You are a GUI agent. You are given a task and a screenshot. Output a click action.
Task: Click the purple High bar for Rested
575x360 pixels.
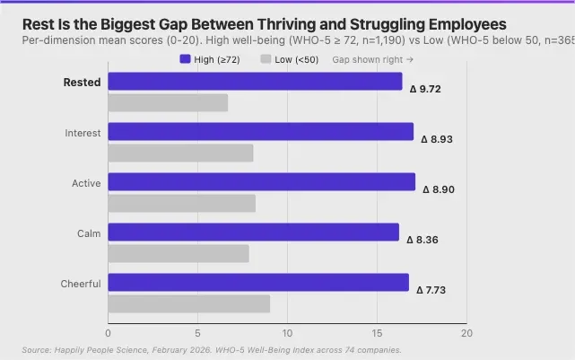(256, 82)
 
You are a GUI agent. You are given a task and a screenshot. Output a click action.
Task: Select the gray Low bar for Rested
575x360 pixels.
(168, 102)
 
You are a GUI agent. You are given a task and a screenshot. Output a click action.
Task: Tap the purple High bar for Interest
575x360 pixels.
(261, 132)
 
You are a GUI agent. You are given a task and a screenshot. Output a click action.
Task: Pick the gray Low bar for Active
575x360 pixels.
(181, 203)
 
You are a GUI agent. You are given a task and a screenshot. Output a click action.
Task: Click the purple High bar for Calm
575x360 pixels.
(254, 233)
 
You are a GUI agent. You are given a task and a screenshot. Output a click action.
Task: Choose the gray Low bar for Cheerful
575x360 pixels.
(188, 303)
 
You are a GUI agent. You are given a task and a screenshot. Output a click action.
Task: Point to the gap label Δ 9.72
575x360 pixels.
(425, 89)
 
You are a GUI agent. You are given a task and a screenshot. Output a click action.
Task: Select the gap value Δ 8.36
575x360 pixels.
(423, 240)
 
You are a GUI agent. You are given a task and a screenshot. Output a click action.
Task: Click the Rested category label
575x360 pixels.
(82, 83)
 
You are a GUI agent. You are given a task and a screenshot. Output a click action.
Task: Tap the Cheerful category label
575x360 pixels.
(81, 284)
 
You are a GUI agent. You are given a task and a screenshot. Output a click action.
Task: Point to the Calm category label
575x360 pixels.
(88, 233)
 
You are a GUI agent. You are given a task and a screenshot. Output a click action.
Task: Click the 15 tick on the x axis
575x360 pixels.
(377, 332)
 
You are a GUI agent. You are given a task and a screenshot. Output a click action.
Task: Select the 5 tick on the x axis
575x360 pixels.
(197, 332)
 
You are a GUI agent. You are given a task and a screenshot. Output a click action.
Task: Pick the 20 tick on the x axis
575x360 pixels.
(466, 332)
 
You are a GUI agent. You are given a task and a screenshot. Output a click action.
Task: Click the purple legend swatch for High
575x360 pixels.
(185, 59)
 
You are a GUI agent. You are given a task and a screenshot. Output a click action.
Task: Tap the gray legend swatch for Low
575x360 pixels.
(265, 59)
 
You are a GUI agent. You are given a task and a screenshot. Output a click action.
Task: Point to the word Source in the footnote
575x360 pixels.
(37, 349)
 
